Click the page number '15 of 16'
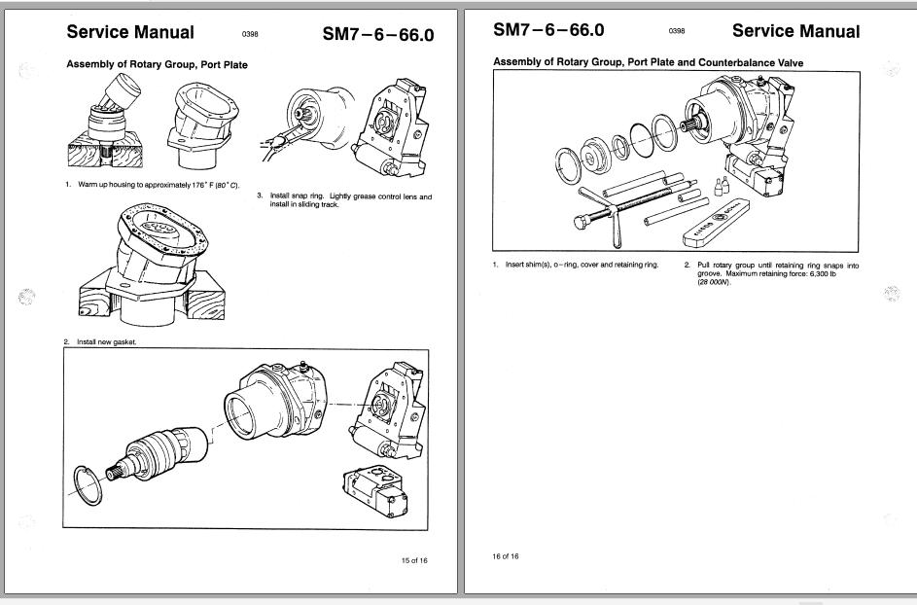413,560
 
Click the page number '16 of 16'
506,556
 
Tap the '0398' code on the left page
250,35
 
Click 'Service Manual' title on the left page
129,32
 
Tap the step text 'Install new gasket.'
109,342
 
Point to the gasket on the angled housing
160,232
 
